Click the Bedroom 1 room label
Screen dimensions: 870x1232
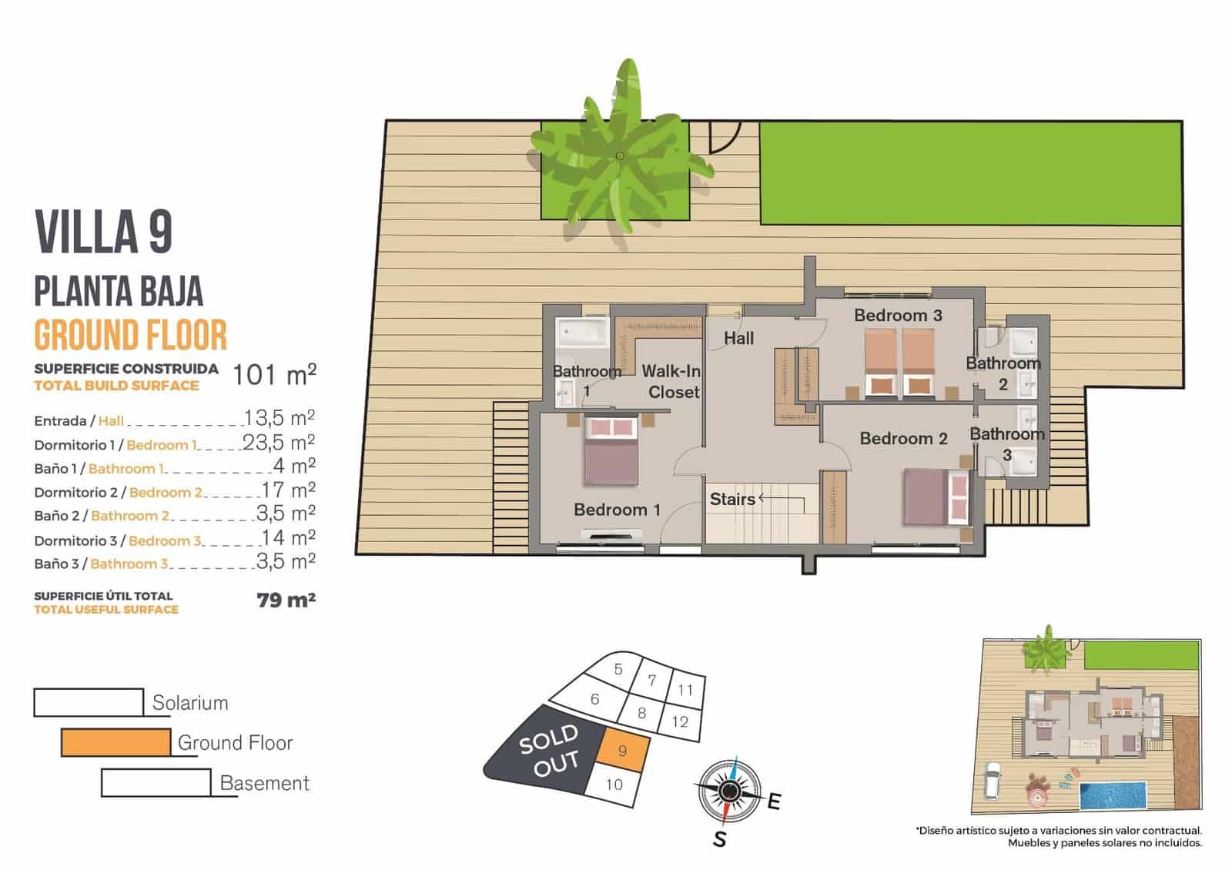(x=617, y=510)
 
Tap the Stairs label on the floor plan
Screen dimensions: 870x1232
(x=731, y=500)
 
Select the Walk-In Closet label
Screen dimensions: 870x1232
(x=671, y=382)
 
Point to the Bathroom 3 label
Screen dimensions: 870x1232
(x=1006, y=444)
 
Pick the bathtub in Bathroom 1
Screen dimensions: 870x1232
(x=582, y=333)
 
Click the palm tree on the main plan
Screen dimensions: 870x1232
(x=620, y=156)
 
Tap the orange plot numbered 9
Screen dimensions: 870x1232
(x=622, y=751)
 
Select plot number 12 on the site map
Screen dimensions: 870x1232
(x=680, y=722)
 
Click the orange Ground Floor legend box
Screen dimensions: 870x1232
(x=115, y=743)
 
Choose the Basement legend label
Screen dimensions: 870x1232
(x=264, y=784)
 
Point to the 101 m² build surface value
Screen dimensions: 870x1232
(x=274, y=375)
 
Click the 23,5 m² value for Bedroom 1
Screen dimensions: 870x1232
(x=279, y=443)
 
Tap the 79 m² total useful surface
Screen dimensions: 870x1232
(x=286, y=600)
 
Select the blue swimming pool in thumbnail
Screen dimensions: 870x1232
(x=1113, y=795)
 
